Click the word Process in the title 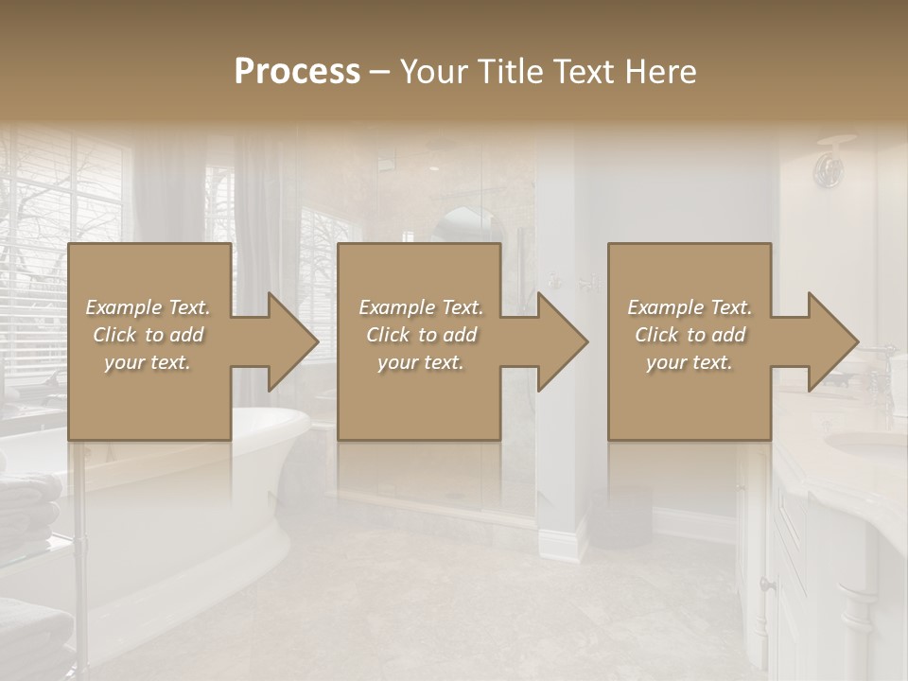[297, 71]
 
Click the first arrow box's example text [148, 334]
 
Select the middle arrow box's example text [420, 334]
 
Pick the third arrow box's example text [689, 334]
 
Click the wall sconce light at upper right [829, 166]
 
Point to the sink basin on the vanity [865, 443]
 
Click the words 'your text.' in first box [148, 361]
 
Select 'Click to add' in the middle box [420, 334]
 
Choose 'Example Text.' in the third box [689, 306]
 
